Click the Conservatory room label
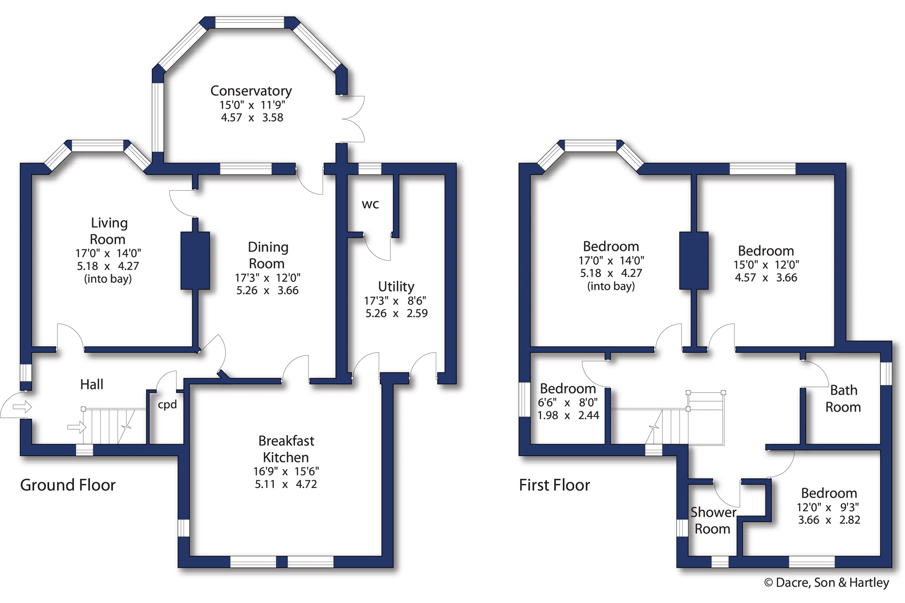click(251, 91)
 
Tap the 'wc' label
click(370, 204)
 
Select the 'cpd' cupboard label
click(167, 405)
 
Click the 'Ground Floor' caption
click(68, 485)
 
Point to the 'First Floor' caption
click(554, 485)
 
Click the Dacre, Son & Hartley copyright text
click(826, 583)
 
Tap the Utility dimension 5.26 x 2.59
click(396, 314)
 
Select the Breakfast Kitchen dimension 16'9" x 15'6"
click(286, 472)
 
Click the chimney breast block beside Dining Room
click(195, 261)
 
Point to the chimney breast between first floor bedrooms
click(694, 261)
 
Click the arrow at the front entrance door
click(22, 407)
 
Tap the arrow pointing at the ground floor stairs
click(77, 427)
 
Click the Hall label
click(92, 384)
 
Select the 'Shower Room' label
click(713, 520)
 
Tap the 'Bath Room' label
click(843, 399)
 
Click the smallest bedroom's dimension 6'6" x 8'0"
click(568, 403)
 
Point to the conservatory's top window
click(249, 23)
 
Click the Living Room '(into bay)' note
click(108, 279)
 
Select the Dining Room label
click(268, 255)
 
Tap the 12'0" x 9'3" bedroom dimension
click(828, 507)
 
